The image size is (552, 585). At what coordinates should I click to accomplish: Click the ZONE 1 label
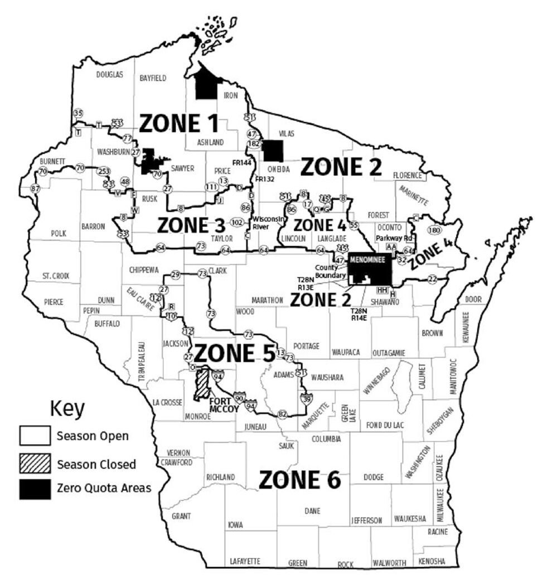pos(178,124)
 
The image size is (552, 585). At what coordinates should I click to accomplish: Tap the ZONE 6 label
pos(299,480)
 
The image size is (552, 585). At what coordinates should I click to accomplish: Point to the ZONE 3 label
pos(191,225)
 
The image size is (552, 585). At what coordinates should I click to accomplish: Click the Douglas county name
pos(109,75)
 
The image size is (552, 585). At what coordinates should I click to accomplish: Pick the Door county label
pos(473,299)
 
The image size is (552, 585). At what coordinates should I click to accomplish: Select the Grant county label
pos(181,516)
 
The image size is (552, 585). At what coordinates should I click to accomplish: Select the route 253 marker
pos(103,170)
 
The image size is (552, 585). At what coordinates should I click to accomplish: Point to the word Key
pos(67,408)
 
